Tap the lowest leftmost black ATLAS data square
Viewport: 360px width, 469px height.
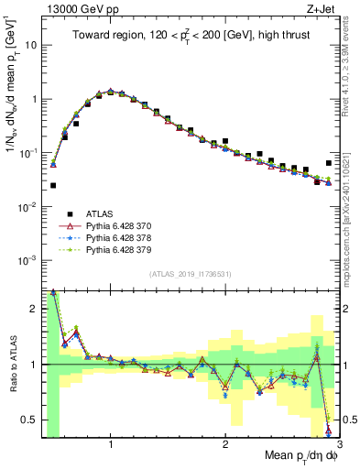tap(53, 185)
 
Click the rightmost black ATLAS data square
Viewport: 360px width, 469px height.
tap(329, 163)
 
